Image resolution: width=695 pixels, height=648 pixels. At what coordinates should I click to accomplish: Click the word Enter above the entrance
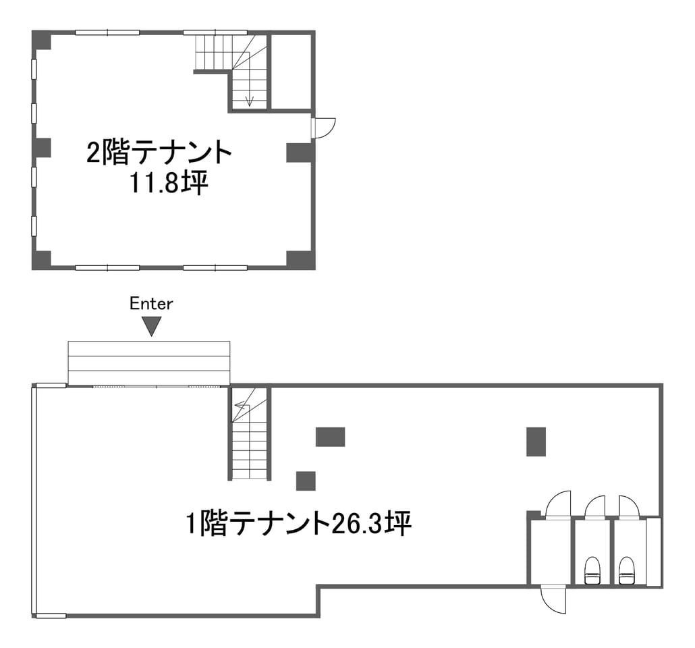coord(151,303)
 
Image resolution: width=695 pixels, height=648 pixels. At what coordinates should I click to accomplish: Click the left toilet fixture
coord(592,570)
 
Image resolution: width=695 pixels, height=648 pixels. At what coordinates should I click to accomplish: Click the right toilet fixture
coord(625,570)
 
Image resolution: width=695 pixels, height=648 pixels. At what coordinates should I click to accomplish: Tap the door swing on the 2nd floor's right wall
coord(324,128)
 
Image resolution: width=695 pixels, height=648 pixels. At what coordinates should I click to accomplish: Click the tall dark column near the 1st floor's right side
coord(536,441)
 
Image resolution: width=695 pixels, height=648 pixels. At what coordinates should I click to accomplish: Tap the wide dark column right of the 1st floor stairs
coord(330,437)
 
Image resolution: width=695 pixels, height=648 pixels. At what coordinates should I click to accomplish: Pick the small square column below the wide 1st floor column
coord(306,481)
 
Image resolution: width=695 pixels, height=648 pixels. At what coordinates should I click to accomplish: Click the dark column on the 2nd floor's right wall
coord(300,152)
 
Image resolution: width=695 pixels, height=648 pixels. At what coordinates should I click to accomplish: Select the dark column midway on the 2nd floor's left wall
coord(42,148)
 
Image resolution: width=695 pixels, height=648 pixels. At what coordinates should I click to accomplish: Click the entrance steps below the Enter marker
coord(149,363)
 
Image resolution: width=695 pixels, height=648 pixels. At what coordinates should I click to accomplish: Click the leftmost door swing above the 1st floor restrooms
coord(558,504)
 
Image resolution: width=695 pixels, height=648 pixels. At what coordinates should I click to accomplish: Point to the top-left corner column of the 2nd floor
coord(42,40)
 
